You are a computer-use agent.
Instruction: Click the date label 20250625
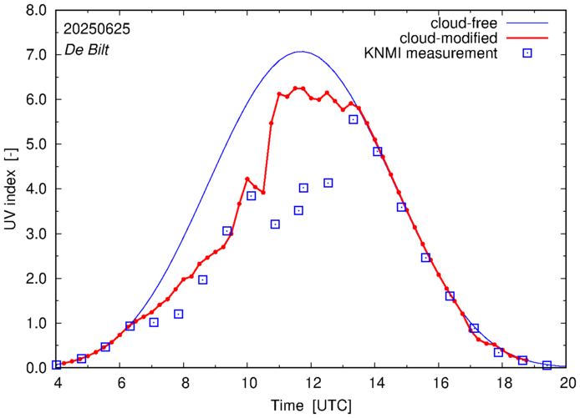[x=96, y=28]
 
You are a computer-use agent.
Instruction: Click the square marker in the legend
[x=527, y=55]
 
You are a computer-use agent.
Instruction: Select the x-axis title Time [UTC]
[x=312, y=406]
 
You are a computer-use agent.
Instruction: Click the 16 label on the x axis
[x=440, y=385]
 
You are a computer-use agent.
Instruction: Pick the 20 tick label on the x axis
[x=568, y=385]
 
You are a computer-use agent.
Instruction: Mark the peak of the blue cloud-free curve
[x=301, y=52]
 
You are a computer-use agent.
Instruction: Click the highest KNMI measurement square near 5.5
[x=354, y=119]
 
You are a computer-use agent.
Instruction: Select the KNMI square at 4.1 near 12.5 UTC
[x=328, y=183]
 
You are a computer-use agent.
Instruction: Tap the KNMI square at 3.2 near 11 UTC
[x=275, y=224]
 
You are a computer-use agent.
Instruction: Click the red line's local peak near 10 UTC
[x=247, y=179]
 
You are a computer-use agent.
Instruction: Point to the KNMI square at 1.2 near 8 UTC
[x=178, y=314]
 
